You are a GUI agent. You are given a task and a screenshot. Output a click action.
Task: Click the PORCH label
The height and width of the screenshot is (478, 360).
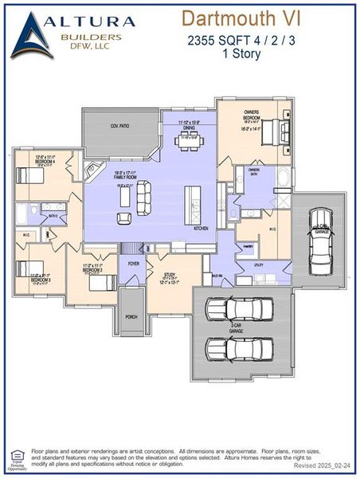132,316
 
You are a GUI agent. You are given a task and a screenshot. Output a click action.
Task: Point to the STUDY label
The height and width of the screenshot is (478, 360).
170,273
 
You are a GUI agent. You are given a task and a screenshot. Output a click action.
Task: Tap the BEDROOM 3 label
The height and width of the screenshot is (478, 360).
41,280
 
